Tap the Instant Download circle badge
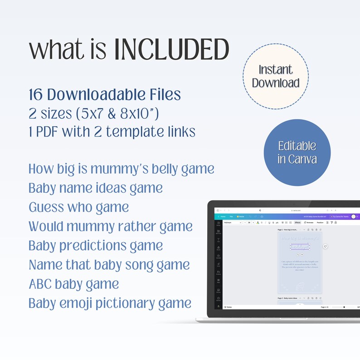point(276,76)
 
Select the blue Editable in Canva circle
point(297,152)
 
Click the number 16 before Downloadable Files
point(36,95)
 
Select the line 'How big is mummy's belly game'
point(121,169)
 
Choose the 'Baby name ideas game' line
point(96,188)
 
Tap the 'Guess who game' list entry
point(78,207)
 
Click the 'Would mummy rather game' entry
point(111,226)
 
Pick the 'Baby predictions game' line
point(96,245)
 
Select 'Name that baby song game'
point(109,264)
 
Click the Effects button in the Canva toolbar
point(297,223)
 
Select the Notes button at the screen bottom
point(229,307)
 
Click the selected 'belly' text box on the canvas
point(300,246)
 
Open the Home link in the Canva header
point(223,217)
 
